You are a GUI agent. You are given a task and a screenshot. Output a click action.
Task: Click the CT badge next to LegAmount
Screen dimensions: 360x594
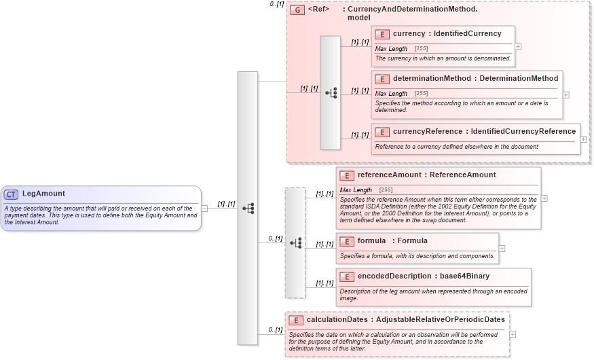12,194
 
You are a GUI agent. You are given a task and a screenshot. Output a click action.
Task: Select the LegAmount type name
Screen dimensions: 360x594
43,194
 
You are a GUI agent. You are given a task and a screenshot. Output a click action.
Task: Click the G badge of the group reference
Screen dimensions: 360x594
297,10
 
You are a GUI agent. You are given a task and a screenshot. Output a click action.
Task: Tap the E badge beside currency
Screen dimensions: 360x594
382,34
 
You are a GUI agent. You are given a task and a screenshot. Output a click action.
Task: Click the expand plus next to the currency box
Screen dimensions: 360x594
518,47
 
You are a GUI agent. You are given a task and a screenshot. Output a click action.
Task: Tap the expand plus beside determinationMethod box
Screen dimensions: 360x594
565,95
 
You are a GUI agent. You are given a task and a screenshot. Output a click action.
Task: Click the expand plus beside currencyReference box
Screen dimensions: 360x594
583,139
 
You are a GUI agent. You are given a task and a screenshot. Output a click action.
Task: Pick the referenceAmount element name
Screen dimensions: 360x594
390,175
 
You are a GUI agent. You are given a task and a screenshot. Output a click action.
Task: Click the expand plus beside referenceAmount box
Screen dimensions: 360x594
544,198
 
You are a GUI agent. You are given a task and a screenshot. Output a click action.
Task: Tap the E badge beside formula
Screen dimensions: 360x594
347,241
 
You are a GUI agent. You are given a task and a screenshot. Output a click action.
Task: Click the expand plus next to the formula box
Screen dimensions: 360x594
502,249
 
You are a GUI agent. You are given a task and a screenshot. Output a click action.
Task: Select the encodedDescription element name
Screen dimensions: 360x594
396,276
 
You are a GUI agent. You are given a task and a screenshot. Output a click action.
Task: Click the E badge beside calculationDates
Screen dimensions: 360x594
296,320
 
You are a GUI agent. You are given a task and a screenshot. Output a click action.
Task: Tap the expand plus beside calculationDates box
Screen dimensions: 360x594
513,334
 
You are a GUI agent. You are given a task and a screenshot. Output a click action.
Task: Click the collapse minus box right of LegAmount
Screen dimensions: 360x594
204,209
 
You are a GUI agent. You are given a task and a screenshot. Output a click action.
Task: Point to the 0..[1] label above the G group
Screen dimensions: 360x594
276,5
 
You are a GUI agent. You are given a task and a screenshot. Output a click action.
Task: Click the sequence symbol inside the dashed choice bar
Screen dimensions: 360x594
295,242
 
